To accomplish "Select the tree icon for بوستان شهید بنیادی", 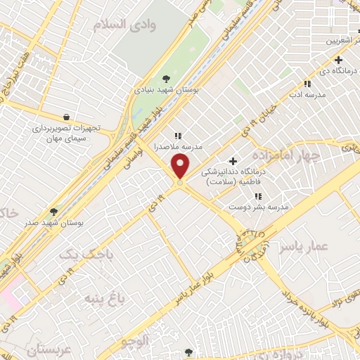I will (x=166, y=79).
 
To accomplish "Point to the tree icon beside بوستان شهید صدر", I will (x=54, y=211).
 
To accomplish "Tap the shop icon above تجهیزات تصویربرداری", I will (x=66, y=117).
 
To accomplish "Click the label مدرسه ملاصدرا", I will (x=178, y=146).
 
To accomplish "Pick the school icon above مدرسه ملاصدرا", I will (x=177, y=135).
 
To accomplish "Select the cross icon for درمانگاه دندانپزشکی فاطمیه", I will (x=233, y=161).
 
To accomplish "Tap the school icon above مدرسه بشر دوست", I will (x=258, y=195).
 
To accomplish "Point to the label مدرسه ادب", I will (x=307, y=94).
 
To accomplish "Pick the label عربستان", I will (x=49, y=349).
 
